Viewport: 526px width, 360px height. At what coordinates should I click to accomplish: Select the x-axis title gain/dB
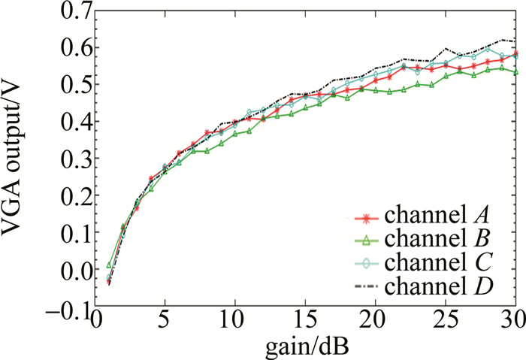305,346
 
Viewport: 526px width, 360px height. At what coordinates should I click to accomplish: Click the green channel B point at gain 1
109,265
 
